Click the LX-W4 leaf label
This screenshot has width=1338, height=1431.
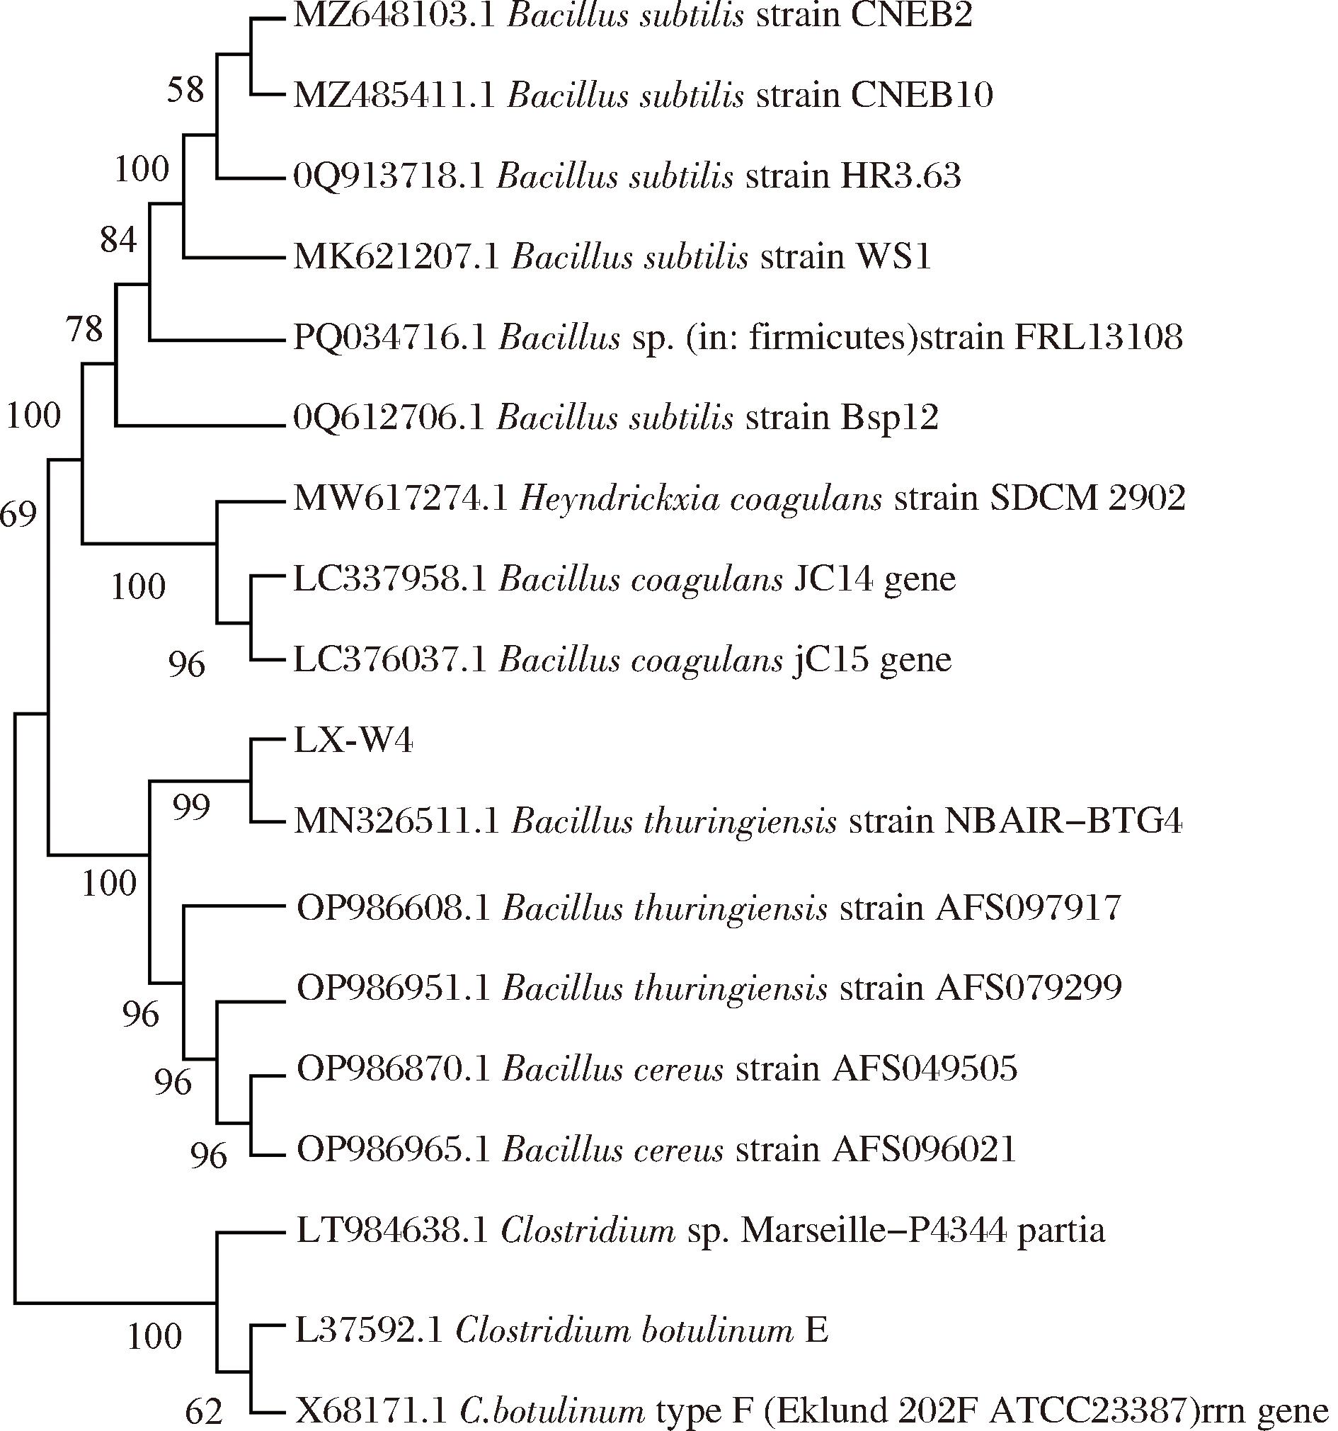pyautogui.click(x=353, y=741)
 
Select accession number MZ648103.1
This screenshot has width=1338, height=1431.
pyautogui.click(x=394, y=15)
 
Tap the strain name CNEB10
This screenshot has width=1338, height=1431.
pyautogui.click(x=921, y=95)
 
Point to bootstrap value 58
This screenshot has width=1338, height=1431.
pyautogui.click(x=185, y=91)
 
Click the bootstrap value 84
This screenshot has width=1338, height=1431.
pyautogui.click(x=118, y=240)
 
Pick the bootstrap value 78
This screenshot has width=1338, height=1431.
pyautogui.click(x=84, y=330)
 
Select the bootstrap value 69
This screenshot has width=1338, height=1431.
pyautogui.click(x=18, y=514)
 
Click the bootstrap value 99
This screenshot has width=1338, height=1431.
pyautogui.click(x=190, y=808)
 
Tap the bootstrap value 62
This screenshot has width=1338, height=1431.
pyautogui.click(x=204, y=1413)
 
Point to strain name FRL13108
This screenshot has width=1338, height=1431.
pyautogui.click(x=1098, y=337)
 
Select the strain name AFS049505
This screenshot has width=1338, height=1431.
pyautogui.click(x=924, y=1070)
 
